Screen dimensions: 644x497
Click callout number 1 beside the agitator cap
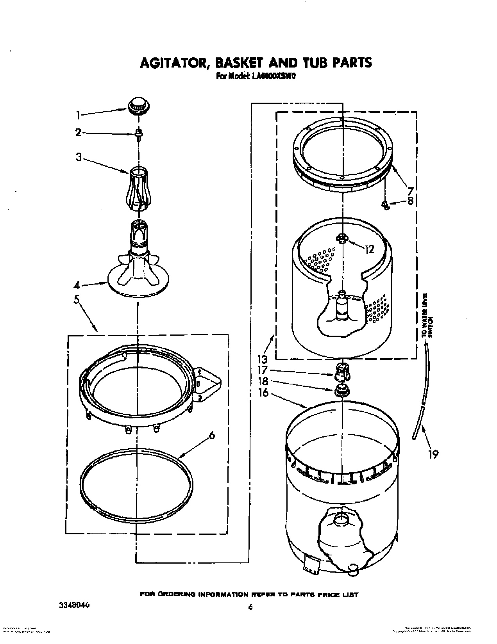[x=78, y=115]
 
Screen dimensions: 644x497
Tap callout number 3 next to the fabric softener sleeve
[x=79, y=157]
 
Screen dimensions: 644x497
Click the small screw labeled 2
[x=138, y=133]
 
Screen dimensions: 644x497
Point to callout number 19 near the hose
[x=433, y=454]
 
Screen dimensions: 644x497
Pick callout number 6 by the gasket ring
[x=211, y=436]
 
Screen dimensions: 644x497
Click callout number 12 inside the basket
[x=369, y=249]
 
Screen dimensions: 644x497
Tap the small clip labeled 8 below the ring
[x=385, y=205]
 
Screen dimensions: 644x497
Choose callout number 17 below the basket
[x=263, y=370]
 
